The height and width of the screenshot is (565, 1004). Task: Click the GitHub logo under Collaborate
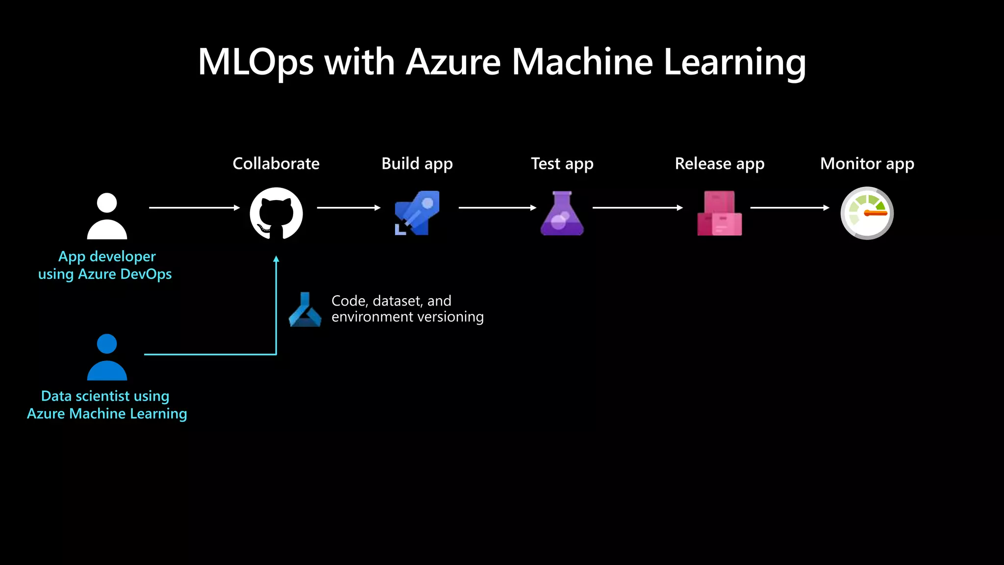[276, 213]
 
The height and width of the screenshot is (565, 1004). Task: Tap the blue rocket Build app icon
[417, 213]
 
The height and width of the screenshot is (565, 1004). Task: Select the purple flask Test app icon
[562, 214]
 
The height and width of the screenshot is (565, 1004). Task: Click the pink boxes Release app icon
[719, 213]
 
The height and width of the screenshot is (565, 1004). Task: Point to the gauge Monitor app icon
[867, 213]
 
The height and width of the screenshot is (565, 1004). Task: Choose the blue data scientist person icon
[107, 357]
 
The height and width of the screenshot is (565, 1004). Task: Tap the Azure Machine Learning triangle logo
[305, 310]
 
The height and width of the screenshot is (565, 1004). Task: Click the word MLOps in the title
[255, 62]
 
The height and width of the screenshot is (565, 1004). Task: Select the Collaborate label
[276, 163]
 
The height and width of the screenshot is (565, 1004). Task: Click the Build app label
[417, 164]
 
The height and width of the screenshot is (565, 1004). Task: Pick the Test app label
[562, 164]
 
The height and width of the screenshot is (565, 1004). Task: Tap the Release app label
[719, 164]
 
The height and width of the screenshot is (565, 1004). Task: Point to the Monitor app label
[867, 164]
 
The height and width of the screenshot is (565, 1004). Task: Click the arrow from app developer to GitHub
[194, 208]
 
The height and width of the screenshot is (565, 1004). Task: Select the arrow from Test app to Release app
[637, 208]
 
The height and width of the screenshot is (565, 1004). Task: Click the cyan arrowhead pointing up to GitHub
[276, 259]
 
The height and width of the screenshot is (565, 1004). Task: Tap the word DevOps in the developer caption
[146, 274]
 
